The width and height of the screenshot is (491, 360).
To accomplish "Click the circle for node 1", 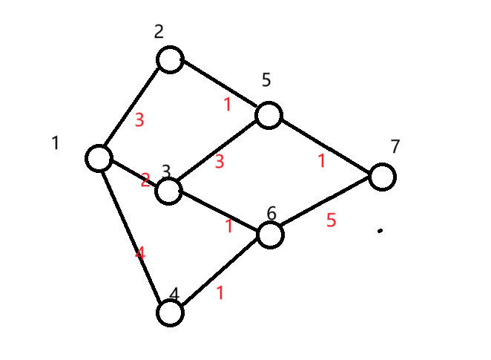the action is [99, 158].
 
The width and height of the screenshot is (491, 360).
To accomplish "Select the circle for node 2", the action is [170, 59].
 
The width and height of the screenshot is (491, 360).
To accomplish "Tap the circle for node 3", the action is [168, 192].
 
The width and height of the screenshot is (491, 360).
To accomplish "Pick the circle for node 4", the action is [170, 312].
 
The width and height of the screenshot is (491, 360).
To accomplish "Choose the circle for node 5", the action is [268, 116].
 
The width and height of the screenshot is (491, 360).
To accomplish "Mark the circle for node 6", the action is [270, 235].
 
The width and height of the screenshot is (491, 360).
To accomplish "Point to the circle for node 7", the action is [383, 177].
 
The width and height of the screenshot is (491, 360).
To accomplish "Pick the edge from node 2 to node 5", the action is [219, 88].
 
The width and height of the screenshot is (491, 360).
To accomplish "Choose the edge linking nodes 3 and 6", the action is [219, 213].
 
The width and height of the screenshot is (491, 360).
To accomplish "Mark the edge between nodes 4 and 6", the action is [220, 274].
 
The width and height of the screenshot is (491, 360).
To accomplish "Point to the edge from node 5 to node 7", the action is [326, 146].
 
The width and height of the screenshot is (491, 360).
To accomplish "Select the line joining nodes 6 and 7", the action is [326, 206].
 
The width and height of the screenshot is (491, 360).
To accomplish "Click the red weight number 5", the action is [332, 220].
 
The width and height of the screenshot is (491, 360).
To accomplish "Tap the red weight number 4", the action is [140, 253].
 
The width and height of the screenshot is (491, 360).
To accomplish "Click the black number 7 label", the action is [395, 146].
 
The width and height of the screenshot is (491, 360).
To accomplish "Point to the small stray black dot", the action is [380, 231].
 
